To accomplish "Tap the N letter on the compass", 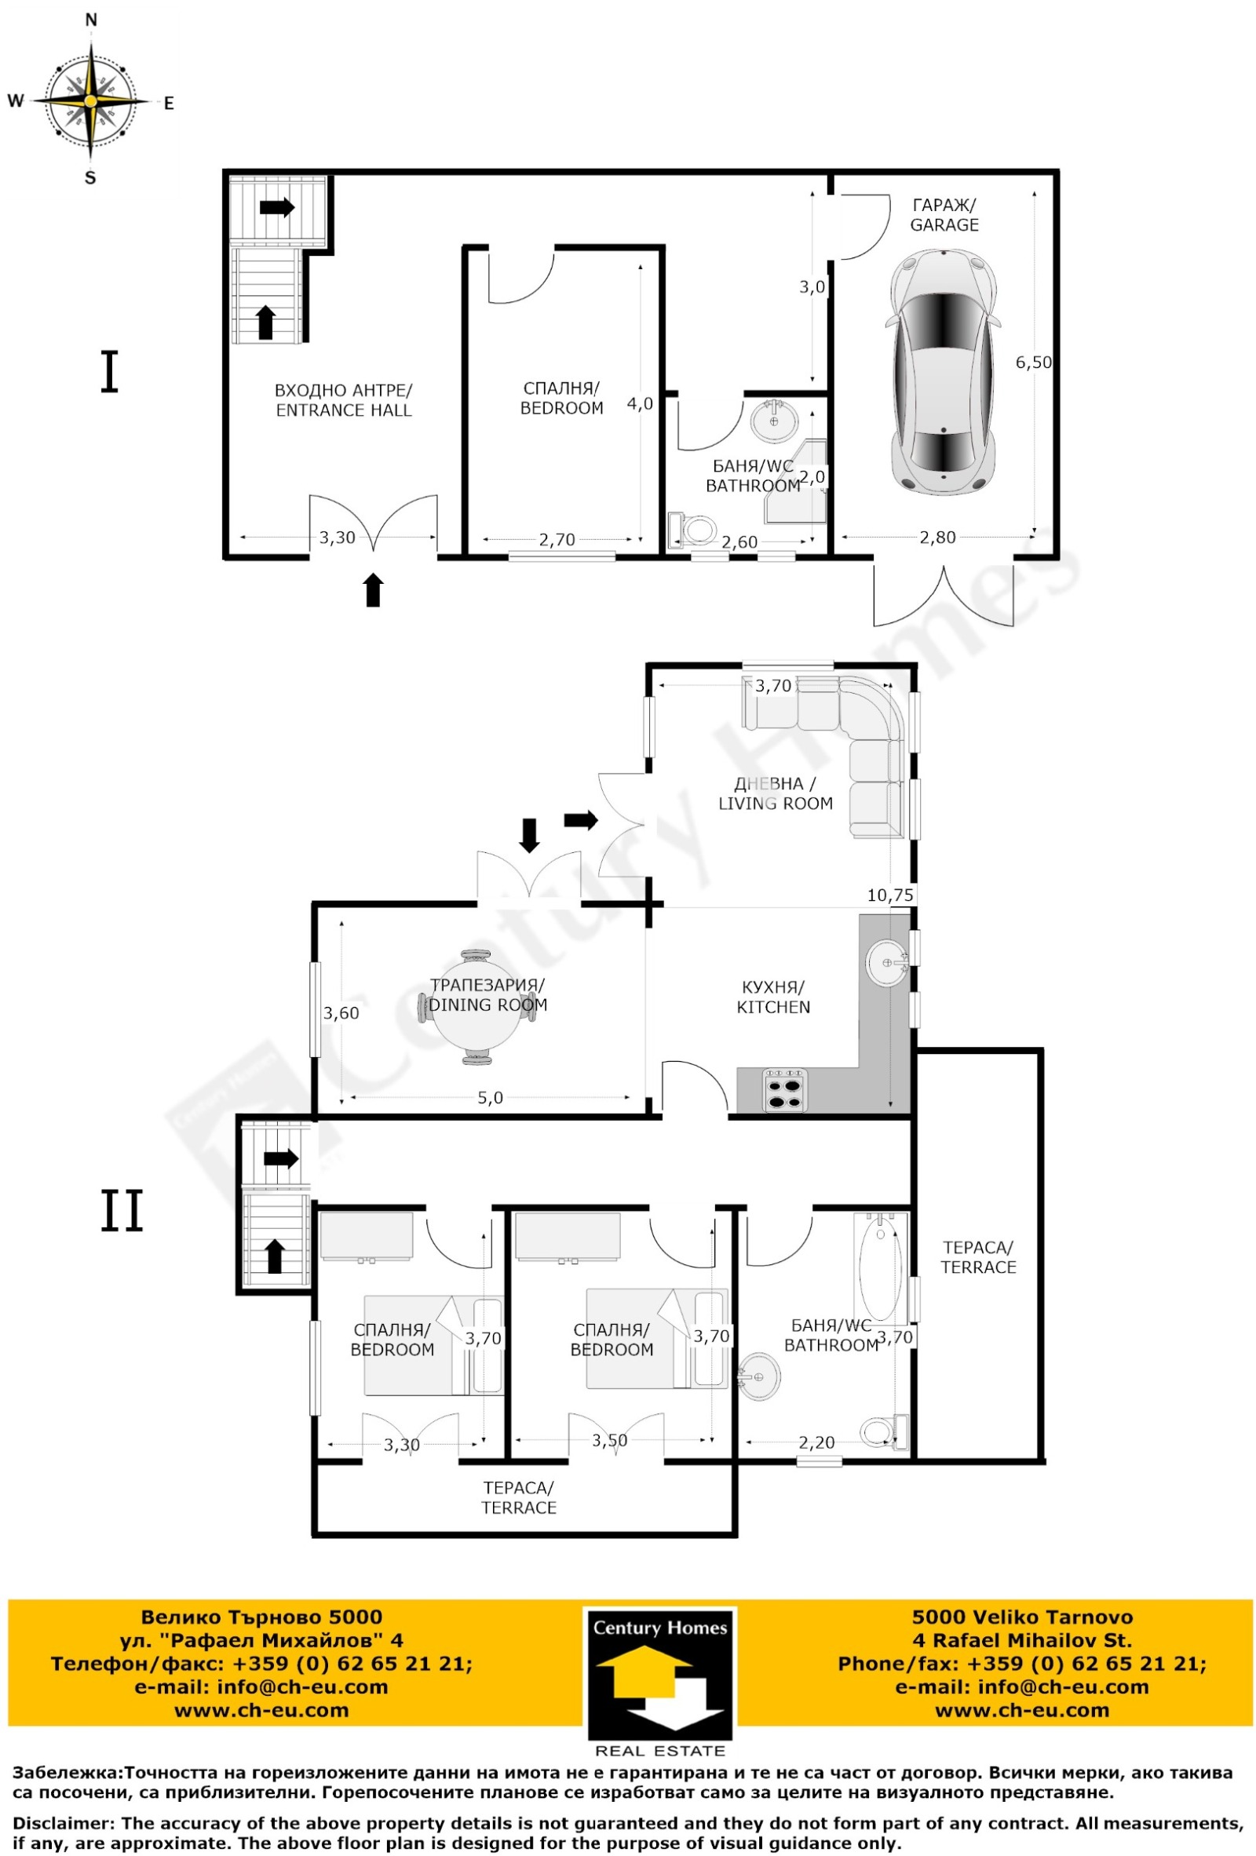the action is tap(91, 20).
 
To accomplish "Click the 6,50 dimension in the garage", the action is tap(1033, 363).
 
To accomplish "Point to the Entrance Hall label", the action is tap(344, 400).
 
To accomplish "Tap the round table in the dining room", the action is tap(477, 1007).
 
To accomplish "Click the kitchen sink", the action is tap(887, 962).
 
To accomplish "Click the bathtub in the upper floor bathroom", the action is tap(880, 1267).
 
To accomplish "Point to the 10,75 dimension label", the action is tap(890, 895).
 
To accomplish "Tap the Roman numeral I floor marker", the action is tap(109, 373).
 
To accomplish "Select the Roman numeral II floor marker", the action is tap(122, 1210).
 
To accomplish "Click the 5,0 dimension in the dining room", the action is tap(491, 1098).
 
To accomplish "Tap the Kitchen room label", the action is tap(772, 997).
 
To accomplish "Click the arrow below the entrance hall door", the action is tap(373, 589).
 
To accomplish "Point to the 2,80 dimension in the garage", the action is tap(937, 538).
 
